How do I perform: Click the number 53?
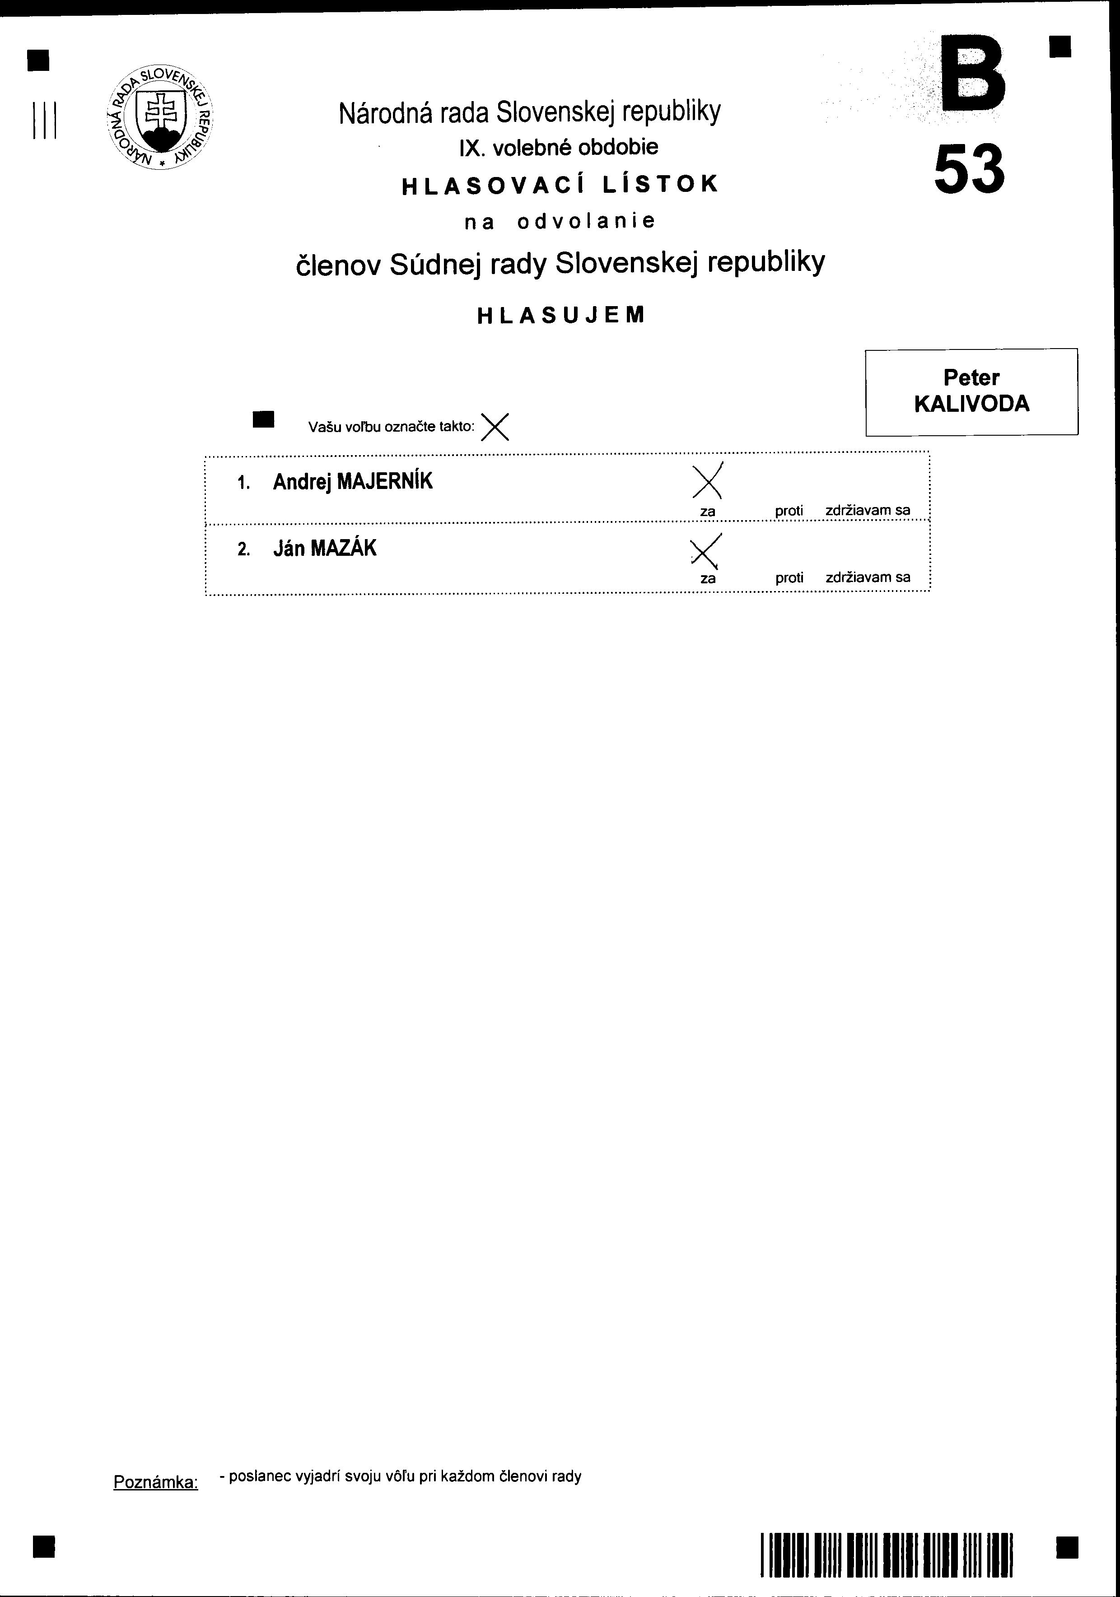tap(969, 169)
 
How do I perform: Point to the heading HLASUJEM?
tap(561, 316)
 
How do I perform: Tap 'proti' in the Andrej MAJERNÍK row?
tap(789, 511)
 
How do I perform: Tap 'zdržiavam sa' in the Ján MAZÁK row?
tap(868, 577)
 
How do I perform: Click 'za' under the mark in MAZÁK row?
tap(708, 579)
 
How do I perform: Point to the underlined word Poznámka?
tap(156, 1482)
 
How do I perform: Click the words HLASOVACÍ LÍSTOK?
tap(561, 184)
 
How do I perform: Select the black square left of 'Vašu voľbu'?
tap(264, 419)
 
